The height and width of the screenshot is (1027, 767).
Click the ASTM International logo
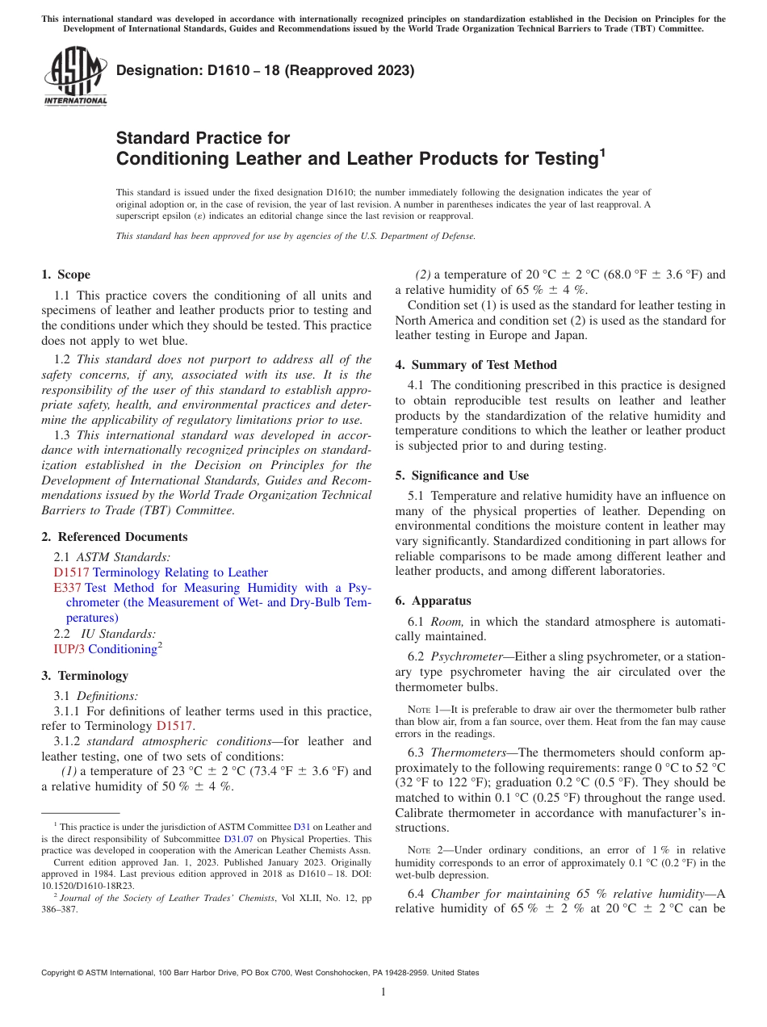coord(74,77)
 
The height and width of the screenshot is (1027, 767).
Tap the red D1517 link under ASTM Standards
coord(71,572)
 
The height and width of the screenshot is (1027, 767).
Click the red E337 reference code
coord(67,588)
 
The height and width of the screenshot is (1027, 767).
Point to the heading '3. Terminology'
coord(85,676)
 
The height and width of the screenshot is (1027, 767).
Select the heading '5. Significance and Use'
coord(462,476)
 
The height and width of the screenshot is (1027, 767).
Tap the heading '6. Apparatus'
coord(433,601)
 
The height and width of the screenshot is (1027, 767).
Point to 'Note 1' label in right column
coord(424,710)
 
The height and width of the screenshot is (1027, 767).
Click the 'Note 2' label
coord(424,850)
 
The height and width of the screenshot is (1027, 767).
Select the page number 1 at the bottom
coord(383,992)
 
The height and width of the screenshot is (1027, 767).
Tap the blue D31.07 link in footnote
coord(238,839)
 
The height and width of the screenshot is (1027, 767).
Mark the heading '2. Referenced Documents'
coord(115,537)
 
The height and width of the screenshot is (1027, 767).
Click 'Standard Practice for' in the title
coord(203,138)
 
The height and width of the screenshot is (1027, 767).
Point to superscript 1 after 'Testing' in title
coord(602,151)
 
